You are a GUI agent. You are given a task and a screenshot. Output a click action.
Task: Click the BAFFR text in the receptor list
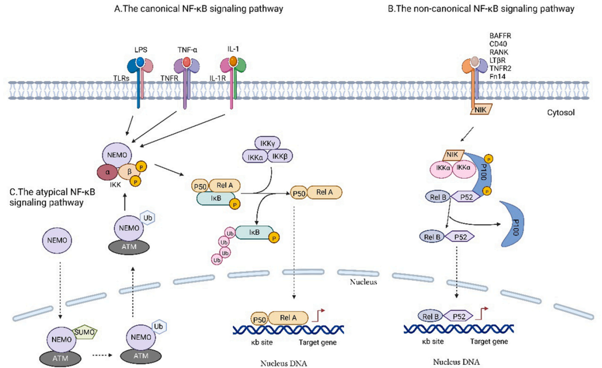[x=500, y=36]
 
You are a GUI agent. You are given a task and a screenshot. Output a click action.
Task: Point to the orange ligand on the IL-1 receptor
[x=234, y=62]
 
